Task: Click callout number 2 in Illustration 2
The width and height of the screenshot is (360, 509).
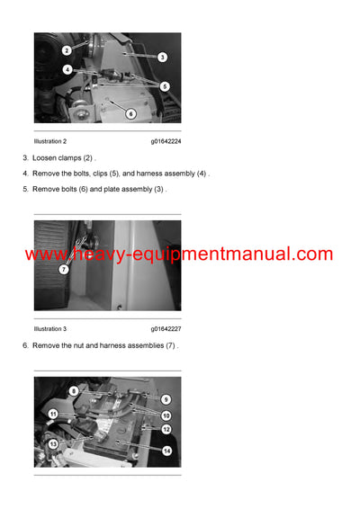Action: click(x=67, y=50)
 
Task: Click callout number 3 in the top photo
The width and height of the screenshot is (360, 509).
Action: click(x=162, y=58)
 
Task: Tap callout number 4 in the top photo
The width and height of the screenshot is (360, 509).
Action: click(x=67, y=69)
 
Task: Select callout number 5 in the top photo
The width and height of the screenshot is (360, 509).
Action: click(x=165, y=86)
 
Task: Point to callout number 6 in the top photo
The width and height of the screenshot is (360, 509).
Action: click(x=130, y=114)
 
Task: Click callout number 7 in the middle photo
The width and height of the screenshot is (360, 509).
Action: click(x=64, y=270)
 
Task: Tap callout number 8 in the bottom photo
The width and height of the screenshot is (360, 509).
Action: click(x=74, y=392)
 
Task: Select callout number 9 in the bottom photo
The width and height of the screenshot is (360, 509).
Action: click(x=166, y=399)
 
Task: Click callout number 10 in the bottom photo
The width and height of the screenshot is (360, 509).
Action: click(x=166, y=415)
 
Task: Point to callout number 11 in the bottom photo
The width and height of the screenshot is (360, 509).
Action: click(x=53, y=415)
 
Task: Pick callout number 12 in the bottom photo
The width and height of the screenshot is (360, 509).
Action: click(x=166, y=430)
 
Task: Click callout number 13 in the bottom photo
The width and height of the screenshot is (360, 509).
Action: click(x=53, y=444)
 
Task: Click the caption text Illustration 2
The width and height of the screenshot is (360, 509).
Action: click(x=50, y=141)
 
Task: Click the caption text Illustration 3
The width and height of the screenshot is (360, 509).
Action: click(x=50, y=329)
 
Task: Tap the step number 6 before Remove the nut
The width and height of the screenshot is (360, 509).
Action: click(x=25, y=345)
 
